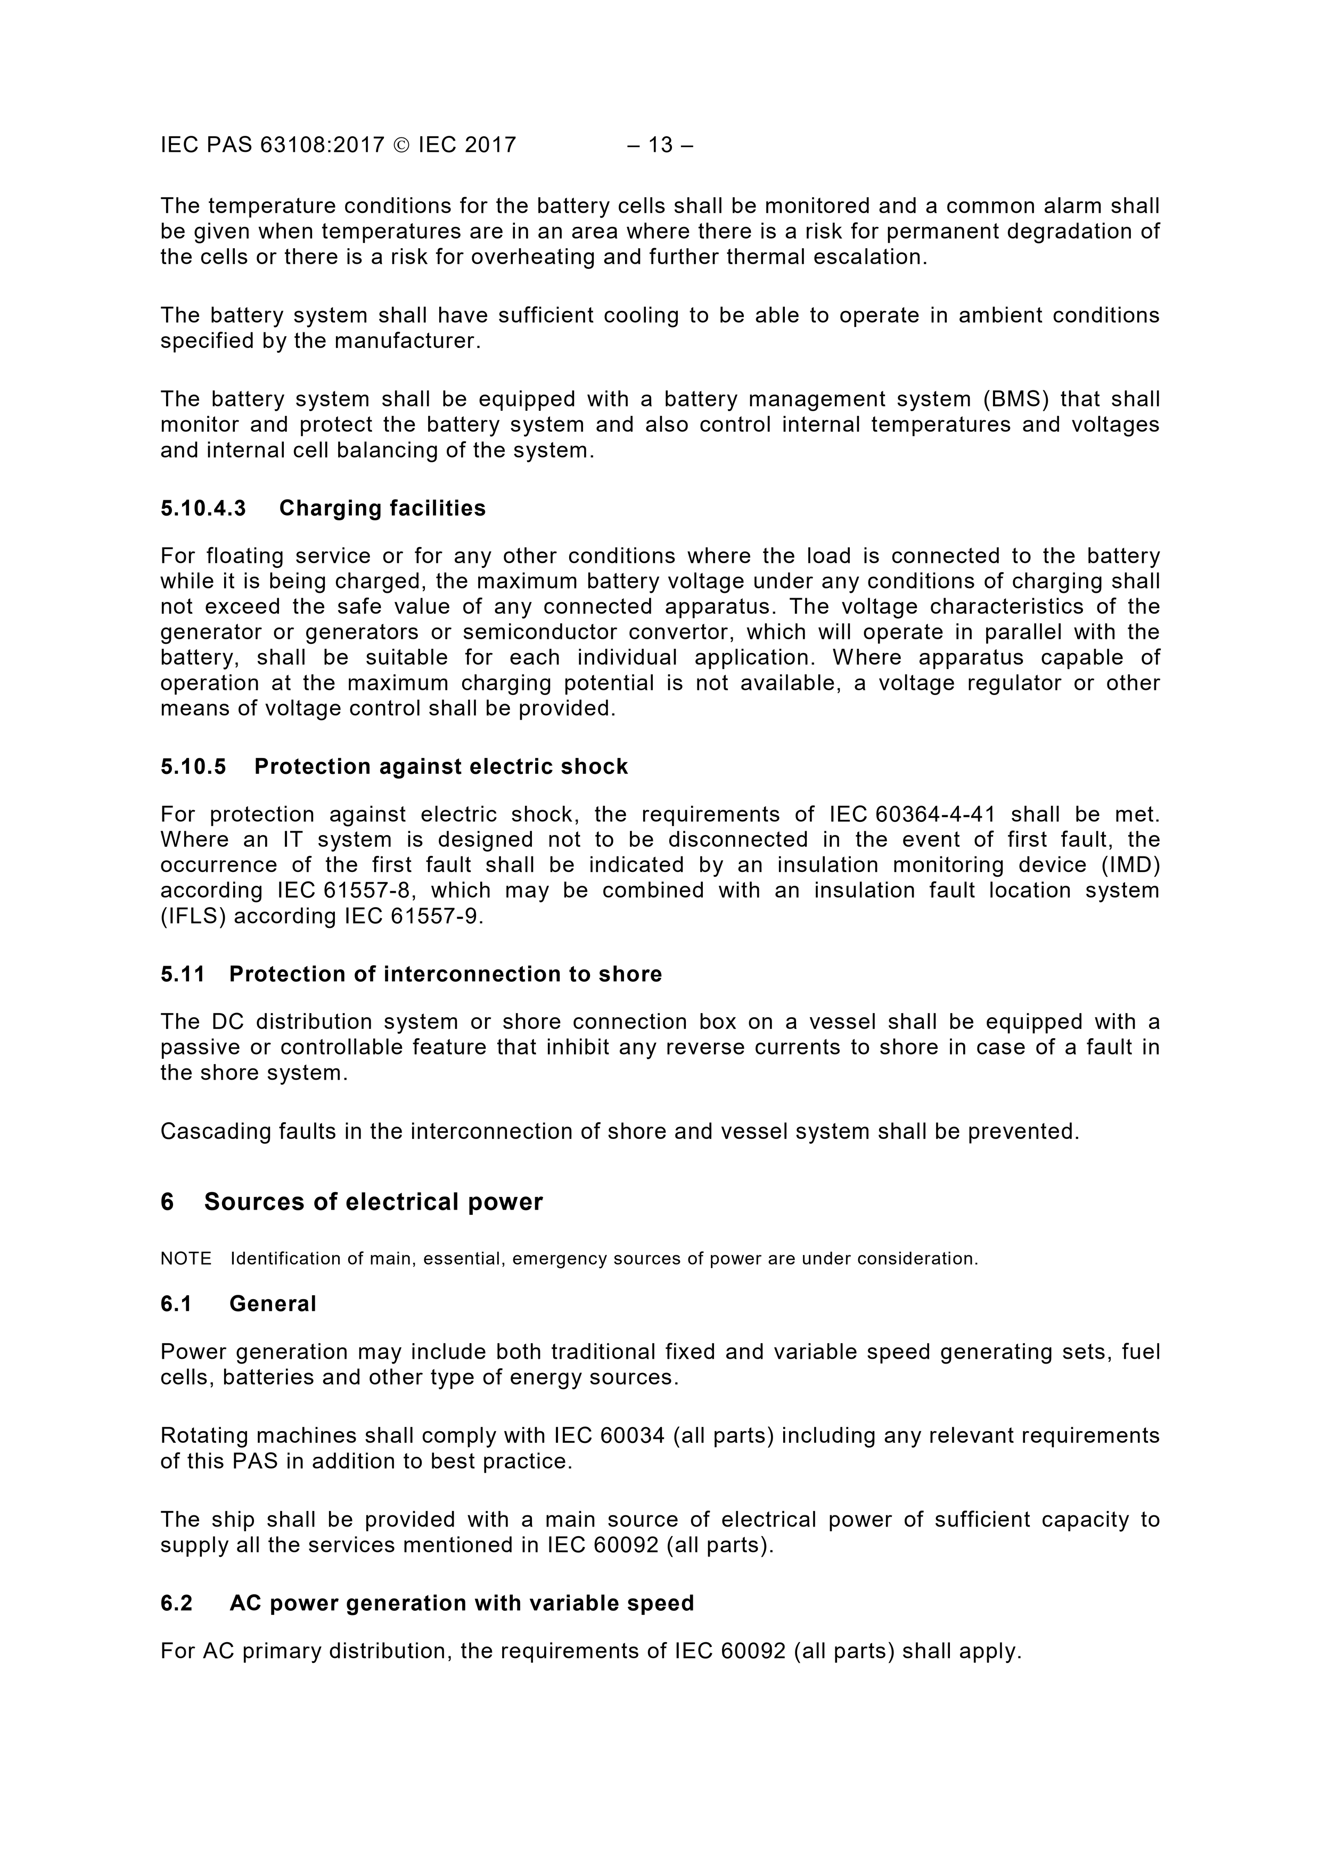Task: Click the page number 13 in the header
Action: pos(660,145)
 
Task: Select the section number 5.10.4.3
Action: pos(203,509)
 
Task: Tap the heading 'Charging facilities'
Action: pos(382,509)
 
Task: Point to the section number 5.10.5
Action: pos(193,767)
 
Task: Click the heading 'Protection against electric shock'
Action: pos(441,767)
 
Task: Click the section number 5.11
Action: pos(182,974)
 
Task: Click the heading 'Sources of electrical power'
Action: pos(373,1202)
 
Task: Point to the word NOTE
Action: pos(186,1259)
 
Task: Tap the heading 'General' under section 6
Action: pos(273,1304)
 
